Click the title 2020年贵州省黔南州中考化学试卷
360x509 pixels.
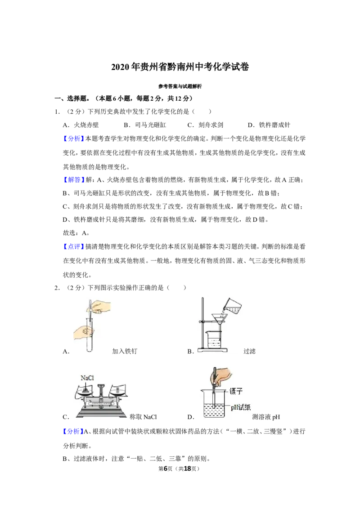coord(180,67)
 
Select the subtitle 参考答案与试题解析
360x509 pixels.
coord(180,86)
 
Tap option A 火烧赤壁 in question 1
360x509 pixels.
coord(81,125)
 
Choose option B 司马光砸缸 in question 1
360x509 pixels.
coord(145,125)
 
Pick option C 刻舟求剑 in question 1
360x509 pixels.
coord(205,125)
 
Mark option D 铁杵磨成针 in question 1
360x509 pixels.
coord(269,125)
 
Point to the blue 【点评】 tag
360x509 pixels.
coord(74,247)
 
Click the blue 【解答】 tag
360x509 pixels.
coord(74,180)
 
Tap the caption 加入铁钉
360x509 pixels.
coord(125,351)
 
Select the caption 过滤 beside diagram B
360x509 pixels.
coord(249,351)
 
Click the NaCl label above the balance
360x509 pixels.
coord(87,378)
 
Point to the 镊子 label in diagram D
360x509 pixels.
coord(236,391)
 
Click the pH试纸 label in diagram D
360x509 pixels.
coord(241,407)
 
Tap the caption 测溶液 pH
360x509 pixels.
coord(266,417)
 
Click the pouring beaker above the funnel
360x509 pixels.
coord(232,306)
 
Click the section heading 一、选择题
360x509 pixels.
coord(71,98)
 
